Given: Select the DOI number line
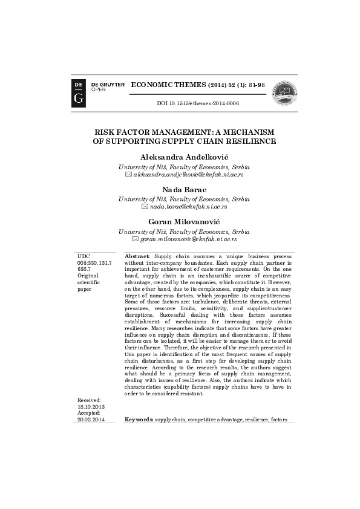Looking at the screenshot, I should (198, 103).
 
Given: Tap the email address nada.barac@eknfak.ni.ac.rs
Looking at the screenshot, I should (188, 206).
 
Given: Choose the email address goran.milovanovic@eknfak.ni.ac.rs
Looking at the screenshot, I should (188, 239).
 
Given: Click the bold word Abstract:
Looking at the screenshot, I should (137, 257).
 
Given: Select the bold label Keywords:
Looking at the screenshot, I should (139, 419).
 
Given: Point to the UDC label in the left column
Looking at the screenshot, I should (83, 257).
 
